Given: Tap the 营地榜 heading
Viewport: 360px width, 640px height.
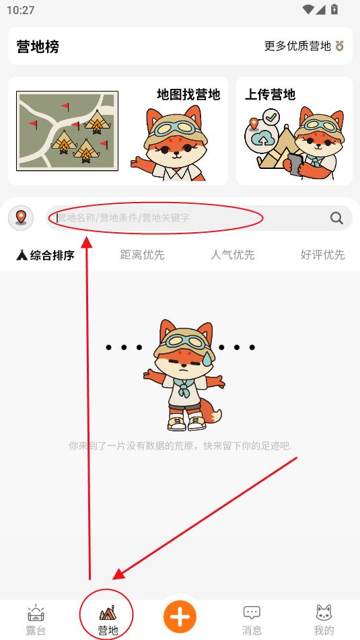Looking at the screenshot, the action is (x=38, y=46).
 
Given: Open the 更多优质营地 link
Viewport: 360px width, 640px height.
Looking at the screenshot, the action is (x=297, y=46).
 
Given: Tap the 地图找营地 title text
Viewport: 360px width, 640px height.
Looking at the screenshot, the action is (x=188, y=95).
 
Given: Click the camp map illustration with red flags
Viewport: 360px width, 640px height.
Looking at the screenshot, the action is (x=67, y=131).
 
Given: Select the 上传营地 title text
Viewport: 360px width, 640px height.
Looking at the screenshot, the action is (x=270, y=95).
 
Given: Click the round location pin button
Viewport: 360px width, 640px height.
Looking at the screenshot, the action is (x=21, y=217).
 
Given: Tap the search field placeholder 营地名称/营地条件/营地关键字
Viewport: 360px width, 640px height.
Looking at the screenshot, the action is (x=123, y=218).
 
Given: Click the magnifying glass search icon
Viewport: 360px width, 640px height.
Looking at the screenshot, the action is (x=336, y=218).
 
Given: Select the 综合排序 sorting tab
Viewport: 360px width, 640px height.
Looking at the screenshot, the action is (x=45, y=256).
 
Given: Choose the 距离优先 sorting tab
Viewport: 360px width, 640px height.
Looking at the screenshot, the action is (x=142, y=255).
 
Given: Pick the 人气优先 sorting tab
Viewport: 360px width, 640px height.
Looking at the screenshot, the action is (x=233, y=255).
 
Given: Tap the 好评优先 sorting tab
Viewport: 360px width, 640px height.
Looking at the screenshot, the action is (x=323, y=255).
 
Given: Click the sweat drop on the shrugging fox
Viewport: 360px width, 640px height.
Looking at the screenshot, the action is (x=207, y=359).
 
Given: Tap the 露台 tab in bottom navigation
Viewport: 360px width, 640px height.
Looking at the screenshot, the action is (x=36, y=620).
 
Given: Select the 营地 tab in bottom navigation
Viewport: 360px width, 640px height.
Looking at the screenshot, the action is (x=108, y=620).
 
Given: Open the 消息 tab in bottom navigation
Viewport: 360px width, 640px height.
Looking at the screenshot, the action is (x=252, y=620).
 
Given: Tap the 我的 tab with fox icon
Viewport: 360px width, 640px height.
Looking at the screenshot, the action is (x=324, y=620).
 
